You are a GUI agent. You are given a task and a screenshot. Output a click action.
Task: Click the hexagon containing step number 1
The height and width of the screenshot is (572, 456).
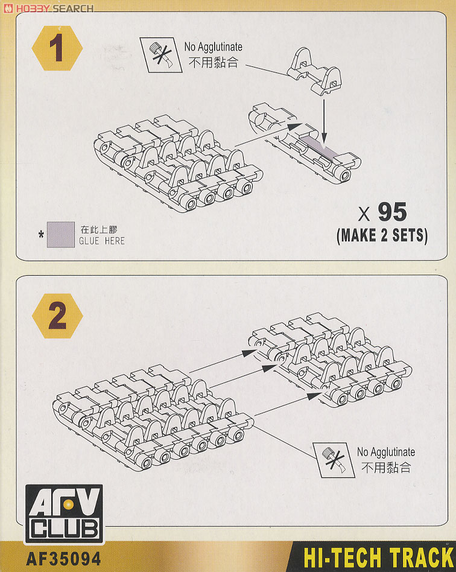57,48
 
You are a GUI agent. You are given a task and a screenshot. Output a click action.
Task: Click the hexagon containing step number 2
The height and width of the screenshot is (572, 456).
57,316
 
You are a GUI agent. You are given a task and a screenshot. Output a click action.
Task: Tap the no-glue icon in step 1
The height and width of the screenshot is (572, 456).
161,55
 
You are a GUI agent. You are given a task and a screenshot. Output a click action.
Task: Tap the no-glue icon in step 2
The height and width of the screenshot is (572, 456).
334,460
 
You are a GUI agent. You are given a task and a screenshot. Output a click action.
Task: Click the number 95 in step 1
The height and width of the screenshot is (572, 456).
392,212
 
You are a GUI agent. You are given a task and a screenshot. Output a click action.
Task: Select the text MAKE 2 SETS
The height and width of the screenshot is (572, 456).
382,236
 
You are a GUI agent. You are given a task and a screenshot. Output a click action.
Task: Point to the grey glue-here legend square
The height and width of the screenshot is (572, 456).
61,235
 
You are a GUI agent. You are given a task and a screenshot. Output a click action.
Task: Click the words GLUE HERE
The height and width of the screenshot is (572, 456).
102,241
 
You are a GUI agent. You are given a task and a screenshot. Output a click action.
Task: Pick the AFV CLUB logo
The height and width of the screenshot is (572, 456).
64,514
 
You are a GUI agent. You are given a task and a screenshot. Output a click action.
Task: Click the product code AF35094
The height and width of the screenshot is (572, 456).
63,558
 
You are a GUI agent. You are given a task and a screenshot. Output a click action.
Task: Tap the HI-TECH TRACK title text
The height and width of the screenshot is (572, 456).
378,558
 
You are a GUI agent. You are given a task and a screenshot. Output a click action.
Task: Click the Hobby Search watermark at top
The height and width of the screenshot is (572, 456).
48,8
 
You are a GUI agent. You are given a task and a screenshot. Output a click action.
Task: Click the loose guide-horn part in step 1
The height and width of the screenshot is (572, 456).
314,72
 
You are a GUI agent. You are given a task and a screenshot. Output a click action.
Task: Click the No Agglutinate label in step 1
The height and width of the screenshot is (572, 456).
213,46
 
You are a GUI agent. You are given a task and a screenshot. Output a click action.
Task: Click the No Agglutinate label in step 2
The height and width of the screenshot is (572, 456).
386,452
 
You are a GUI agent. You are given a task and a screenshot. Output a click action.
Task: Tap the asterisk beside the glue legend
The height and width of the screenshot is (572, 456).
41,234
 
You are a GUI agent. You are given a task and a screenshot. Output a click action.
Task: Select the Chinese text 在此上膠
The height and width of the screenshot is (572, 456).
99,229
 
